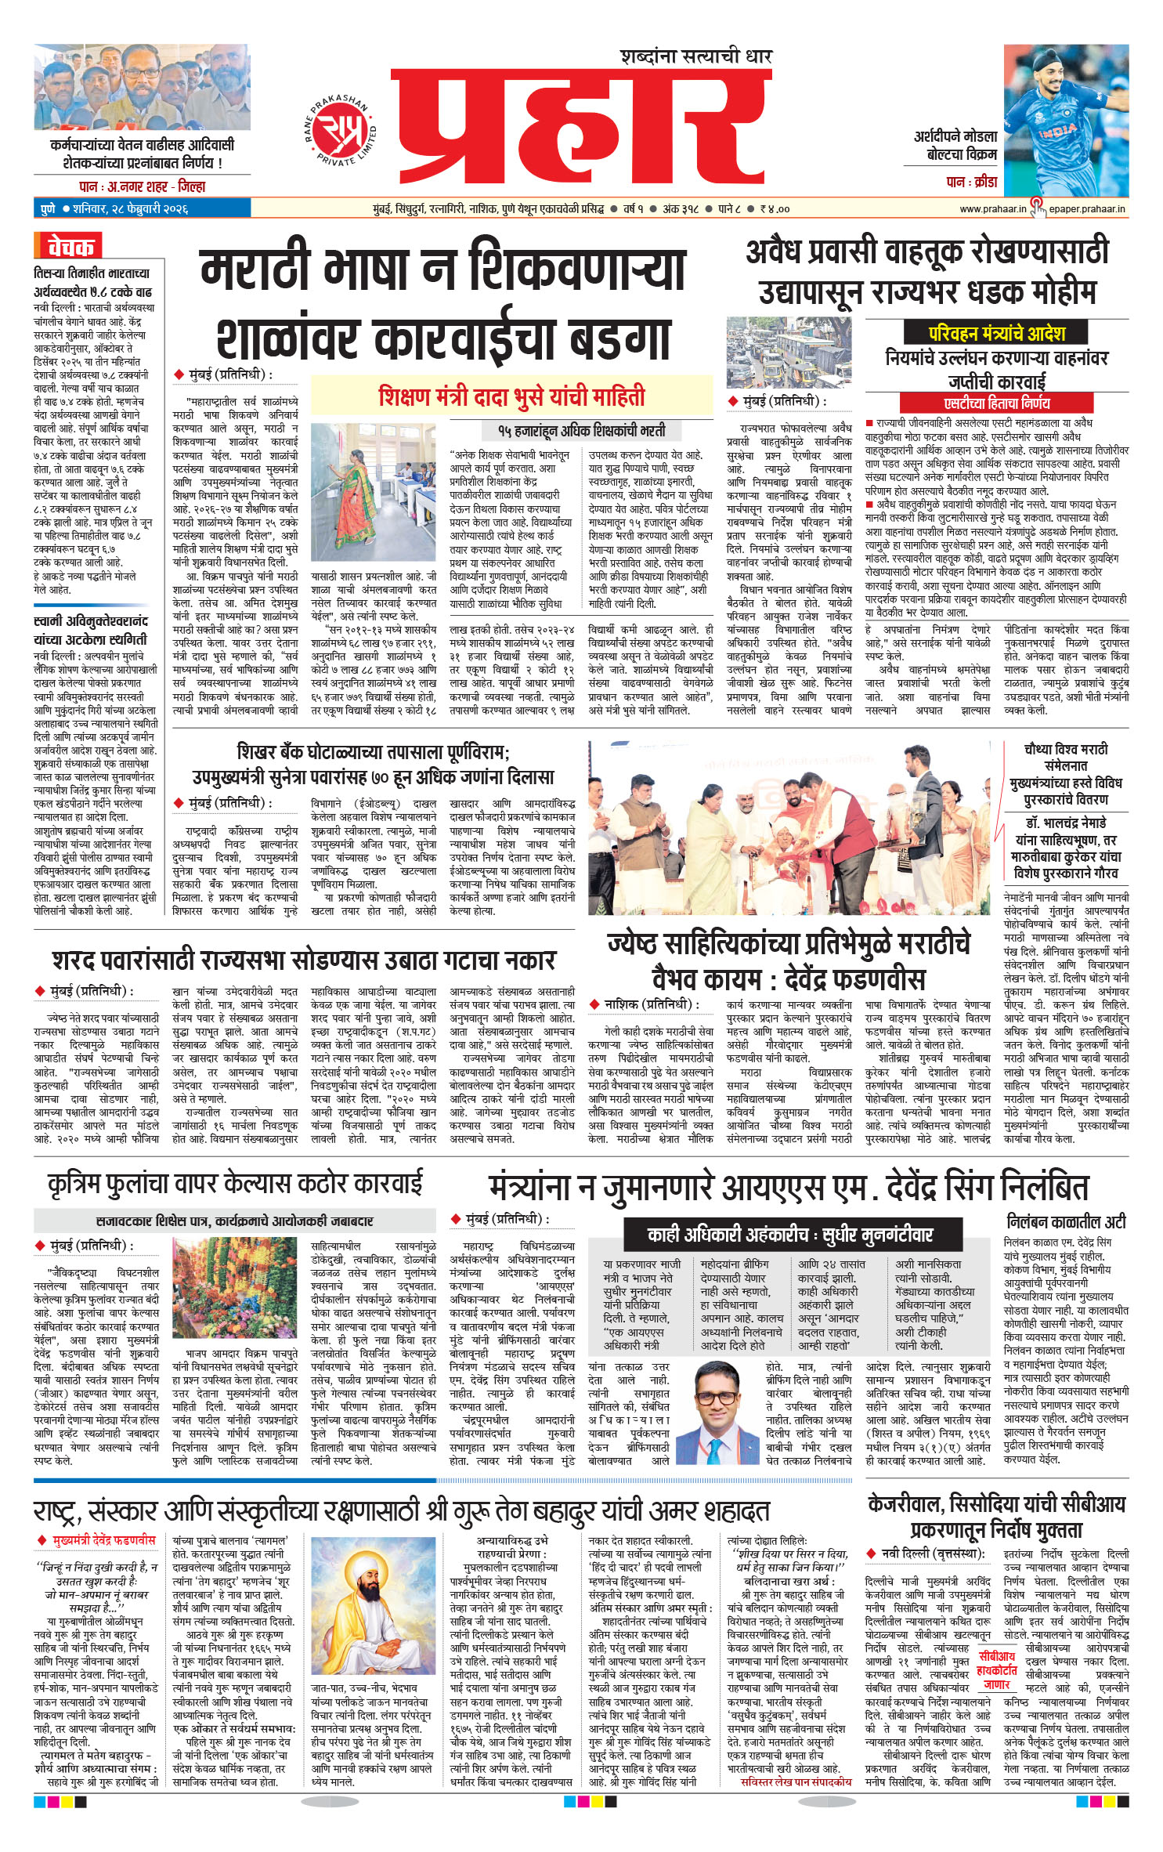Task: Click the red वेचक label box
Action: [x=68, y=247]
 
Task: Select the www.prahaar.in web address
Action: [x=992, y=209]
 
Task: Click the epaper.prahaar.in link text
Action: [x=1087, y=209]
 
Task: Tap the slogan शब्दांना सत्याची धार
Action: [x=695, y=56]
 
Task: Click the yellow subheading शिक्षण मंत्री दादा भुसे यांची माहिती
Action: [x=511, y=396]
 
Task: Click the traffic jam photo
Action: [x=789, y=353]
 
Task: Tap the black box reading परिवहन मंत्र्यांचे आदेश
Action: [x=996, y=333]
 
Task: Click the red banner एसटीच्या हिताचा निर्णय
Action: [x=996, y=403]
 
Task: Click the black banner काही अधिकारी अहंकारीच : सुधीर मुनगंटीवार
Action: [x=789, y=1235]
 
